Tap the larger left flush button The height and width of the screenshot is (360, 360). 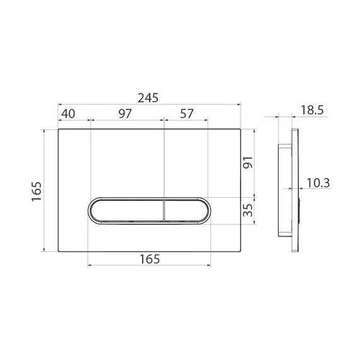click(125, 210)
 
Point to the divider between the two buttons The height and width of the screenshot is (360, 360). click(164, 210)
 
